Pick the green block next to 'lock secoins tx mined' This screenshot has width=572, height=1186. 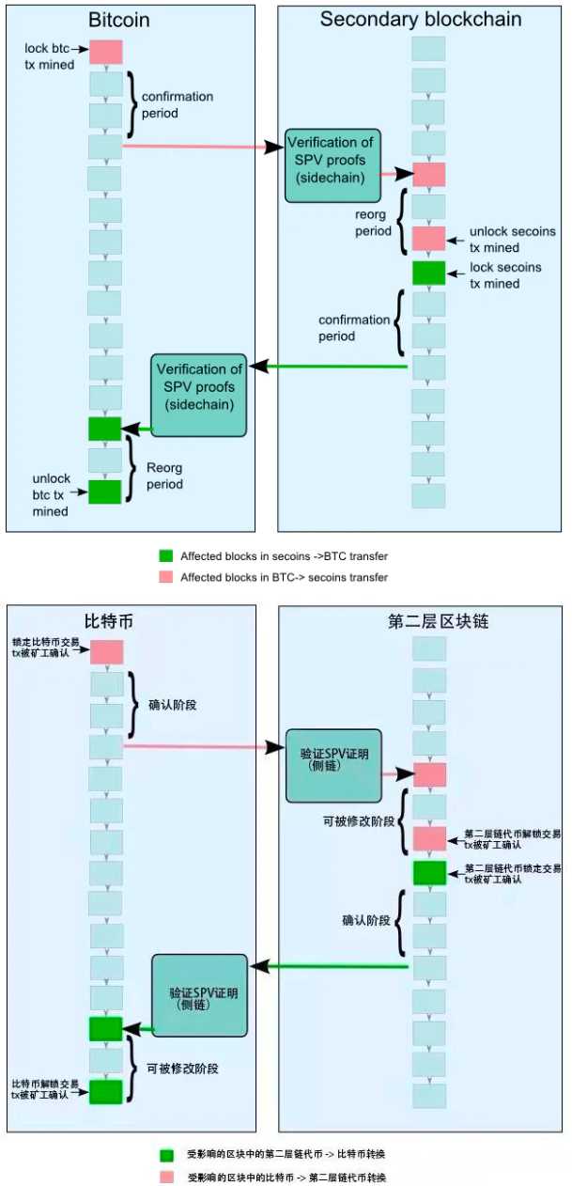click(428, 273)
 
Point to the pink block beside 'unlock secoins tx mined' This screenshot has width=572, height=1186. click(428, 238)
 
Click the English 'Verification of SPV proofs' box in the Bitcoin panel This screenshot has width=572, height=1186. click(199, 395)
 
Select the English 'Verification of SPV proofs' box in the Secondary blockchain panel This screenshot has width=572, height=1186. click(333, 165)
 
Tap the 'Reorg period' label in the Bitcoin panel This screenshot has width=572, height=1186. click(163, 476)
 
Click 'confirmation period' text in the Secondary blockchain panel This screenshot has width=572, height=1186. click(354, 328)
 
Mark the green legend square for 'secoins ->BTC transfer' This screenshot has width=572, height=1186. click(166, 556)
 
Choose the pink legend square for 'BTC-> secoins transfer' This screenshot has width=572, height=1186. click(166, 577)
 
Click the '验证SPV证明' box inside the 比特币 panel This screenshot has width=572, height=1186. click(200, 996)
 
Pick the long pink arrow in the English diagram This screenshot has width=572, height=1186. click(197, 147)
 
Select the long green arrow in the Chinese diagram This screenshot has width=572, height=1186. click(333, 965)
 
